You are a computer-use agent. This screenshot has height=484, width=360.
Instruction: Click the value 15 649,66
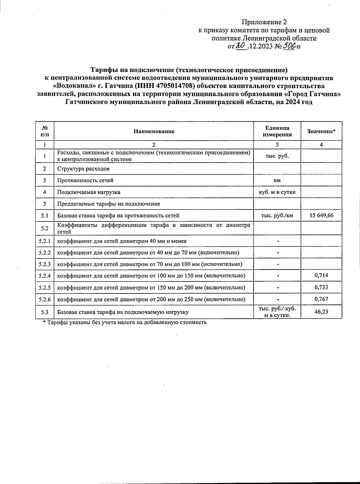321,215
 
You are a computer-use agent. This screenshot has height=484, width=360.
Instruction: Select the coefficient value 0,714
321,275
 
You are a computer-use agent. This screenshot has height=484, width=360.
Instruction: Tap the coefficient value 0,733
321,287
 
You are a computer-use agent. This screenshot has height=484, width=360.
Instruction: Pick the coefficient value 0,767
321,299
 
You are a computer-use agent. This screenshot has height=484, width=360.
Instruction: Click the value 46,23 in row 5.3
321,312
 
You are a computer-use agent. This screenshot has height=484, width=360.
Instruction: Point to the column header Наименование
154,131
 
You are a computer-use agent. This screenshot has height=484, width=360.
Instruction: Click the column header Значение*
321,131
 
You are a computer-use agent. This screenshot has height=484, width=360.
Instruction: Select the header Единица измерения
277,131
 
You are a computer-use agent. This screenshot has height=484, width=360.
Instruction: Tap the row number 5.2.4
45,275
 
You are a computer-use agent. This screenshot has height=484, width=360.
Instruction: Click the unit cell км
277,181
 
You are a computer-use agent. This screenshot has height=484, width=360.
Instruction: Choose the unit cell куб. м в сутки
277,192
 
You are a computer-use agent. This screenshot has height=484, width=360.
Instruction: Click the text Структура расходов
83,169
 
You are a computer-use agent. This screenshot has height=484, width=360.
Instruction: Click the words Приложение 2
264,22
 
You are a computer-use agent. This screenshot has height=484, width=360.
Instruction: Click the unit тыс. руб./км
277,215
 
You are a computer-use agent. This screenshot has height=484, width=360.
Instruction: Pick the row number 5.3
45,312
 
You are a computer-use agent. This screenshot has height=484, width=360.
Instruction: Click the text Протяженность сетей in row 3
85,181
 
